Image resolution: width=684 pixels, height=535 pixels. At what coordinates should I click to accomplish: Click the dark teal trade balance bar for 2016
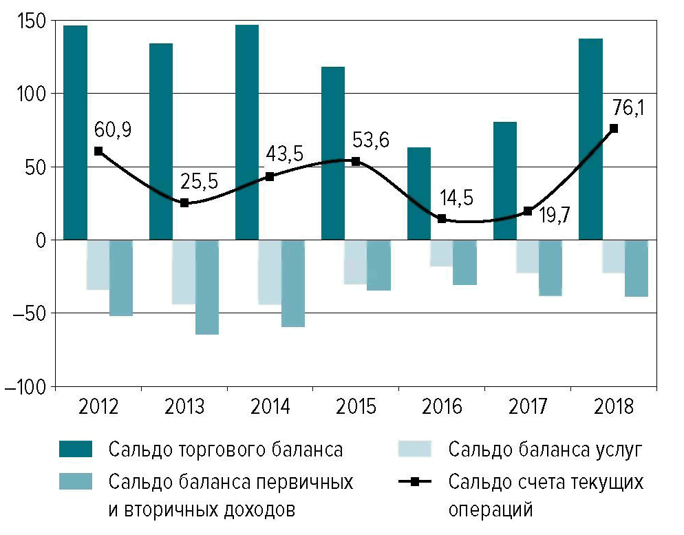click(x=418, y=193)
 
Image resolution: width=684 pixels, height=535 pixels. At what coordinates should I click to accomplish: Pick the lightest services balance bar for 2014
click(x=269, y=272)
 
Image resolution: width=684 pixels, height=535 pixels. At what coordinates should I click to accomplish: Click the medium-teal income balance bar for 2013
click(x=207, y=287)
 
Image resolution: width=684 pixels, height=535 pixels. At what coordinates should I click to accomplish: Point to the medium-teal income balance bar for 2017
click(x=551, y=268)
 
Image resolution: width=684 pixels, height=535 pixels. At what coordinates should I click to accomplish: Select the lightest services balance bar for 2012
click(x=98, y=265)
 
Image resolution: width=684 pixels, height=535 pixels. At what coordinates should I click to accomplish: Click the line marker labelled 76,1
click(x=614, y=128)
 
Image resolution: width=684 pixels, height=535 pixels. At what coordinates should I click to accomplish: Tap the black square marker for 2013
click(x=184, y=203)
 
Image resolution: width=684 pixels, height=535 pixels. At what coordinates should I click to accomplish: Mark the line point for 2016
click(x=442, y=219)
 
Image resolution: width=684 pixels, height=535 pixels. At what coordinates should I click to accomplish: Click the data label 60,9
click(x=108, y=129)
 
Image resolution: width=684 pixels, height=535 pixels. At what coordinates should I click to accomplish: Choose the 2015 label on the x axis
click(x=356, y=407)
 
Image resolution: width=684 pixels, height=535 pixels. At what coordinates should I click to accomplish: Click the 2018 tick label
click(x=613, y=407)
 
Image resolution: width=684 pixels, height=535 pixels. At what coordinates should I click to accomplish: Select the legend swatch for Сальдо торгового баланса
click(x=81, y=450)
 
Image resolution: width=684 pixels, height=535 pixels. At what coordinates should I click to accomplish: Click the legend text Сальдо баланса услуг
click(x=544, y=450)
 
